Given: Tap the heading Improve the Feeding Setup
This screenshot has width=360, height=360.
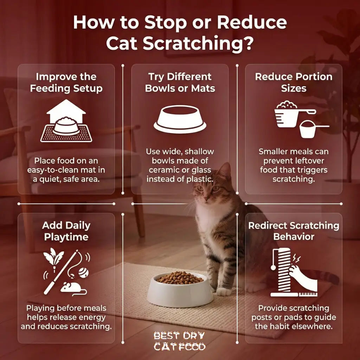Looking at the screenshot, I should tap(66, 82).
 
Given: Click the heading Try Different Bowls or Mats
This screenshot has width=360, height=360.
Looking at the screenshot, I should tap(180, 82).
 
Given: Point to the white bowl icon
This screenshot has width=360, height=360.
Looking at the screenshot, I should tap(180, 120).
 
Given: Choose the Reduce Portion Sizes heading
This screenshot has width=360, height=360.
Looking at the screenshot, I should tap(294, 82).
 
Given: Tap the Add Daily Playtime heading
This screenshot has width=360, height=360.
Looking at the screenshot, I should tap(66, 231).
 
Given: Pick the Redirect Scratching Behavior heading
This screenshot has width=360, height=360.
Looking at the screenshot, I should tap(294, 231).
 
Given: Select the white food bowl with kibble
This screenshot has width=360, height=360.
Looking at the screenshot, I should tap(180, 288).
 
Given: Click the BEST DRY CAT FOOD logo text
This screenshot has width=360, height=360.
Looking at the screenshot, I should tap(179, 341).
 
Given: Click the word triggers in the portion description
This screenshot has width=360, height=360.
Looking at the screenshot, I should tap(310, 170).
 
